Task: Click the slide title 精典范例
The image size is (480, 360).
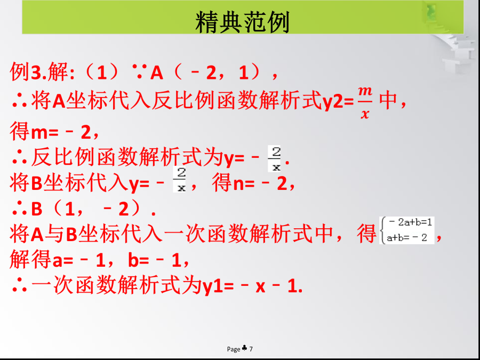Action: [242, 22]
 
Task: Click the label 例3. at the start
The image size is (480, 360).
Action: [28, 73]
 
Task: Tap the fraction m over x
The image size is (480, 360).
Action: [365, 102]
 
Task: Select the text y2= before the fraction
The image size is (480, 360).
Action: [339, 102]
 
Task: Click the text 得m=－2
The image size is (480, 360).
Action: [50, 132]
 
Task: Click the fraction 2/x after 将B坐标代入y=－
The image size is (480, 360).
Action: [180, 180]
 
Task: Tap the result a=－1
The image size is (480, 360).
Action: [79, 260]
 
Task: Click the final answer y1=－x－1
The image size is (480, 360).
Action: [252, 286]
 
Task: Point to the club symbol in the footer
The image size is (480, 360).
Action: [245, 348]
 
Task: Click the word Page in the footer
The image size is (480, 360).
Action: [234, 349]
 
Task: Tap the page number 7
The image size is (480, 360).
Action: [251, 349]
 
